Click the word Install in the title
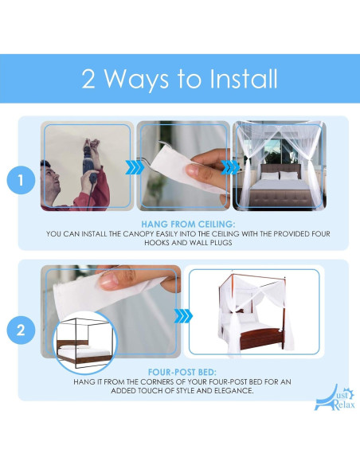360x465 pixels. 244,79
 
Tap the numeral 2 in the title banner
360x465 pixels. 88,79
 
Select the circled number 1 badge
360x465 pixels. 21,180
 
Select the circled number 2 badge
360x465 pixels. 21,330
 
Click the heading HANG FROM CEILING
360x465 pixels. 188,225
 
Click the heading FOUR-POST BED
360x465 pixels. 182,372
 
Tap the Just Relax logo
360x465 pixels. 335,398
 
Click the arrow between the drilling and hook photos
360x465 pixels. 134,167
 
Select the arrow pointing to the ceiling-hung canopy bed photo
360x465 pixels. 231,167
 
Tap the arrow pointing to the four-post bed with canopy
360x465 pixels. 183,316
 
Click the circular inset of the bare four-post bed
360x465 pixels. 85,343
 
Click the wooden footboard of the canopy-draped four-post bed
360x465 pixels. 261,339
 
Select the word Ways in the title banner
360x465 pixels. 137,79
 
